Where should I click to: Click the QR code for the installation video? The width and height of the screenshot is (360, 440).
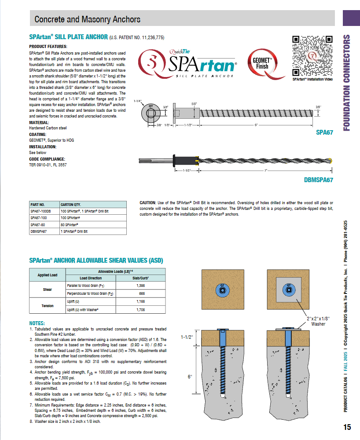click(312, 56)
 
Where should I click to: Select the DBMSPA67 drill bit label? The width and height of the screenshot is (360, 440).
click(318, 180)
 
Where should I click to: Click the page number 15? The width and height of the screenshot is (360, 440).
click(347, 427)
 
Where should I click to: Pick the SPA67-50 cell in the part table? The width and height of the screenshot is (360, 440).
click(38, 224)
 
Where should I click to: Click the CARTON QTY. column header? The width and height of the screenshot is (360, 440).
click(71, 205)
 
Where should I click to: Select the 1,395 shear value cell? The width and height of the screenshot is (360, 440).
click(141, 286)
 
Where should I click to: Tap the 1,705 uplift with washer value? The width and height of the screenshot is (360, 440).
click(141, 310)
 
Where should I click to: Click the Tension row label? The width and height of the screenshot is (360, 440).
click(48, 306)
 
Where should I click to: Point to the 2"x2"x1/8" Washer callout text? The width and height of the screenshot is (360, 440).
click(318, 321)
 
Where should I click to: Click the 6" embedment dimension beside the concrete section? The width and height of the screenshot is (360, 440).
click(191, 377)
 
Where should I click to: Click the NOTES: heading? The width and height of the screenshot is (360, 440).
click(37, 323)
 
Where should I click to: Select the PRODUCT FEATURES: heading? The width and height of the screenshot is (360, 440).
click(48, 47)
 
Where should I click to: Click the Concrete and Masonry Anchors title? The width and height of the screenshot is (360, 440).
click(88, 19)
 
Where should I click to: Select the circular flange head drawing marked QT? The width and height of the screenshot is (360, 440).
click(151, 112)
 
